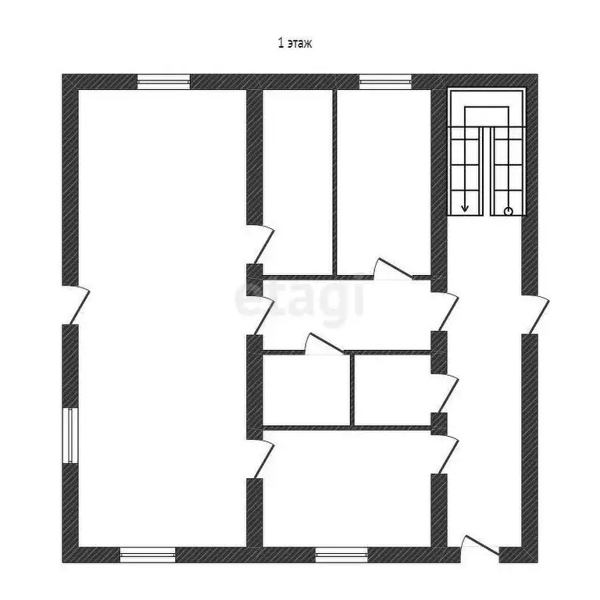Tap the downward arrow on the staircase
(x=466, y=205)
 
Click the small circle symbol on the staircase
(x=509, y=211)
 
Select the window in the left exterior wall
(x=70, y=434)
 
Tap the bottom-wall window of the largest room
(x=148, y=555)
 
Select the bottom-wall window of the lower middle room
(x=342, y=555)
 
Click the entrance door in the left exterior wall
(x=76, y=305)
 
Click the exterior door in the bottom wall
(x=479, y=547)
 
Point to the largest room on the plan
(x=160, y=312)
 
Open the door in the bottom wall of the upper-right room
(x=392, y=270)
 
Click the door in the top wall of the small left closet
(x=323, y=345)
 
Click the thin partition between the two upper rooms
(x=336, y=184)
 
